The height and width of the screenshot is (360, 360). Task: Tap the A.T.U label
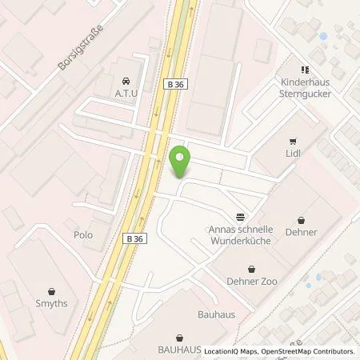click(126, 93)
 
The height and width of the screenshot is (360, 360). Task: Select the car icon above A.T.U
click(126, 81)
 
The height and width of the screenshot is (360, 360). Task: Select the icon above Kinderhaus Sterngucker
click(305, 70)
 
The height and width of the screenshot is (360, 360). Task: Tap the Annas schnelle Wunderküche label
click(240, 234)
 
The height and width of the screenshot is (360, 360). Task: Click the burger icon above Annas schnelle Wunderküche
click(240, 217)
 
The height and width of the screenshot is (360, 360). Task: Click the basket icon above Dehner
click(301, 218)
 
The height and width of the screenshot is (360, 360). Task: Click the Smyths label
click(53, 305)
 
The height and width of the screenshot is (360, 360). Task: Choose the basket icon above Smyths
click(53, 291)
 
